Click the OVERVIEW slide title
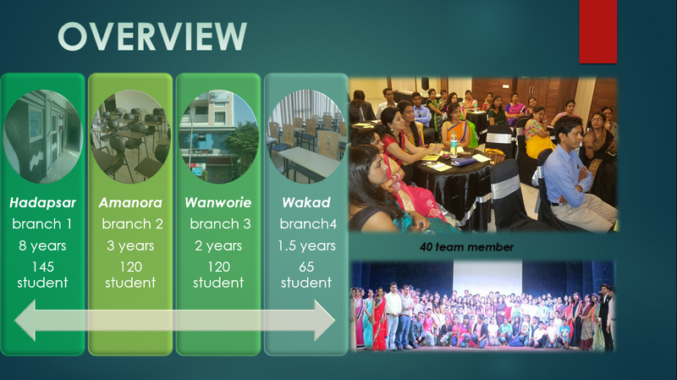152,36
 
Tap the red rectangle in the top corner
598,31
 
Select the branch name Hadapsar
42,202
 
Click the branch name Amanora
130,202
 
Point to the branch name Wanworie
218,202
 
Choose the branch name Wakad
306,202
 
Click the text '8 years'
42,245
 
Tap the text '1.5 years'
306,245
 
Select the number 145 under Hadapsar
43,267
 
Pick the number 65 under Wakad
306,267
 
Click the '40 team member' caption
467,247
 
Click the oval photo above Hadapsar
43,136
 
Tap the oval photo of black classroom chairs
130,136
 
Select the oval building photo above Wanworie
218,136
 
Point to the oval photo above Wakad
306,136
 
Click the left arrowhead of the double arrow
25,321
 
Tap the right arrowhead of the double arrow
324,321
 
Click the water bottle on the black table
454,144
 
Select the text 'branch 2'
132,223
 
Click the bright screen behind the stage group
487,278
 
